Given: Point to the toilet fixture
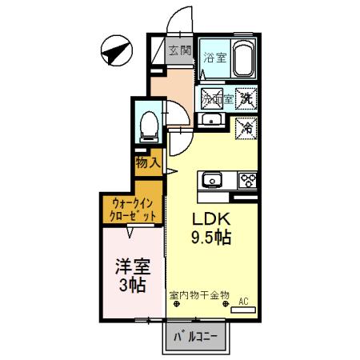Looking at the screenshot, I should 148,126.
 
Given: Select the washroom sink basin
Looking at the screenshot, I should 212,121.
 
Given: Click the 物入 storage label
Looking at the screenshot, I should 147,162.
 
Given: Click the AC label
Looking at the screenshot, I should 244,302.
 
